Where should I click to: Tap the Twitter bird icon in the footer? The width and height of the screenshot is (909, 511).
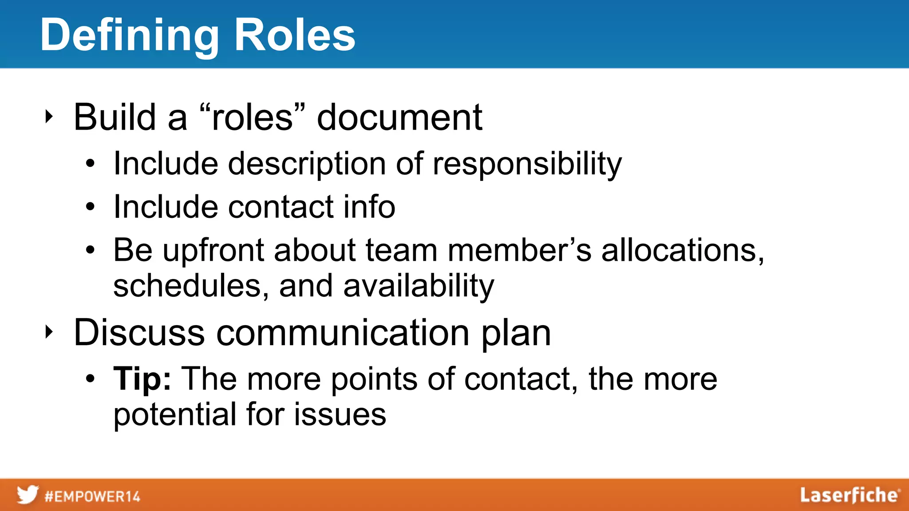pos(28,495)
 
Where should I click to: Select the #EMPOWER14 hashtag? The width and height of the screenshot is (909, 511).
pos(92,496)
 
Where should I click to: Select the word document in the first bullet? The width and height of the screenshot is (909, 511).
pos(399,117)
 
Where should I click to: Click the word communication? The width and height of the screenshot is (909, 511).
pos(343,333)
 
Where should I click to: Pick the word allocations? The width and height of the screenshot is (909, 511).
pos(682,250)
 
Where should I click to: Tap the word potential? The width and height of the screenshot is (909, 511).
pos(174,415)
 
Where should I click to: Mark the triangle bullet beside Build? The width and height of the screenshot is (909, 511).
pos(49,117)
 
